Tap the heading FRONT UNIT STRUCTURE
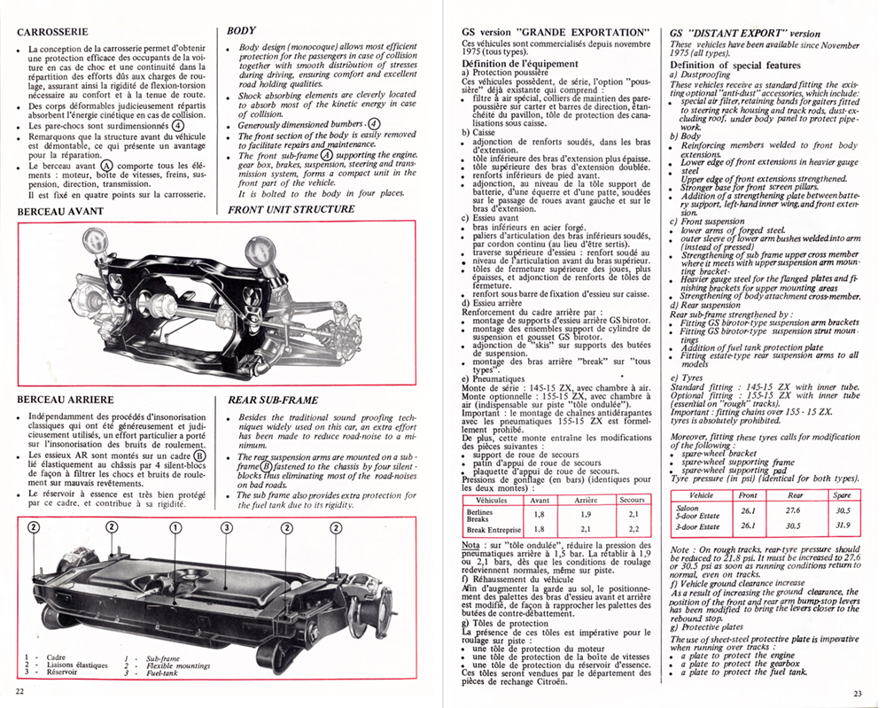291,209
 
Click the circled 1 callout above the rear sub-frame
175,527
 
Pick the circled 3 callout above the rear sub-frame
227,527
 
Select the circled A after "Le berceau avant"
106,165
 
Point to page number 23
857,693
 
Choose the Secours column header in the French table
632,499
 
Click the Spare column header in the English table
843,495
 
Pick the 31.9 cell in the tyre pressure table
843,525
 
